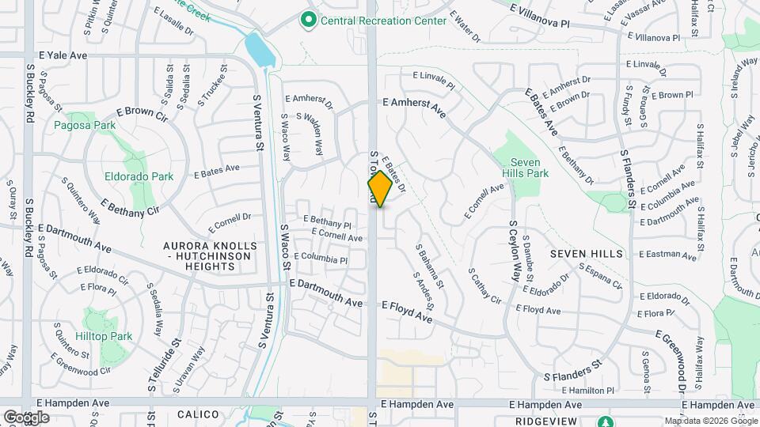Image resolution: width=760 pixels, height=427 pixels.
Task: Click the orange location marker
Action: pyautogui.click(x=380, y=189)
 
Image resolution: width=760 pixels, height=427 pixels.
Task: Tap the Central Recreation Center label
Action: pyautogui.click(x=383, y=21)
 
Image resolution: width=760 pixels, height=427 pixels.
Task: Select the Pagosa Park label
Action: pyautogui.click(x=85, y=125)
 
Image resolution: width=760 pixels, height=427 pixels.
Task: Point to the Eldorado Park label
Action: pyautogui.click(x=139, y=176)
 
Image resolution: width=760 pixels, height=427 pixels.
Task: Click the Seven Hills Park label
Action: pyautogui.click(x=525, y=167)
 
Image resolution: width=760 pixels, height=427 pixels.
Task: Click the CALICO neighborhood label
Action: pyautogui.click(x=197, y=414)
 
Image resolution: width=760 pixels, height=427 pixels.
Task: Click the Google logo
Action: pyautogui.click(x=26, y=417)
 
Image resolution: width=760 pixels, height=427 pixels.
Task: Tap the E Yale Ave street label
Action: pyautogui.click(x=63, y=56)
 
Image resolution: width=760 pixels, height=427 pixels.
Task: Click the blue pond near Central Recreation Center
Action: pyautogui.click(x=260, y=50)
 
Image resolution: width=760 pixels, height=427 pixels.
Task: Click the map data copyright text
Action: pyautogui.click(x=710, y=421)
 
